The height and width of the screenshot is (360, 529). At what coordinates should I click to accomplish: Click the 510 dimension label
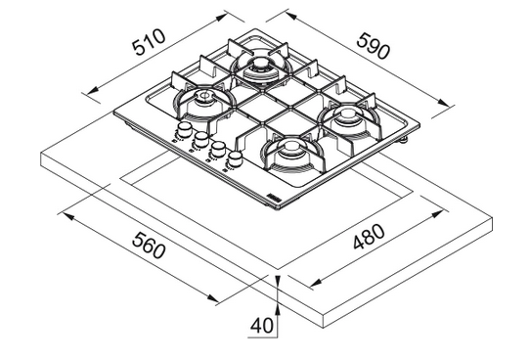[150, 42]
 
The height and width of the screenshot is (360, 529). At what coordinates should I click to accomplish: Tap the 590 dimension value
[374, 46]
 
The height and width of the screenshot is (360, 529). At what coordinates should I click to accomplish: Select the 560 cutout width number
[149, 246]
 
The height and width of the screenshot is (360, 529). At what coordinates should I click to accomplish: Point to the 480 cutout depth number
[369, 236]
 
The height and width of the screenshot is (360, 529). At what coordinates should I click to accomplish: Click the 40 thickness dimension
[261, 326]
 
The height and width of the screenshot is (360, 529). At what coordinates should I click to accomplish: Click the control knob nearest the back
[184, 130]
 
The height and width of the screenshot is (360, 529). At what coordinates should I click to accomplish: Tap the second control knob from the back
[201, 139]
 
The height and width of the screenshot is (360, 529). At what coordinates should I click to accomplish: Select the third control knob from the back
[218, 149]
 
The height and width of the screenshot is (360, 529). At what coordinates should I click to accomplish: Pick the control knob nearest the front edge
[235, 158]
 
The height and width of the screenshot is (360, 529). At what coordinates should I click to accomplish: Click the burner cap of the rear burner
[260, 64]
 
